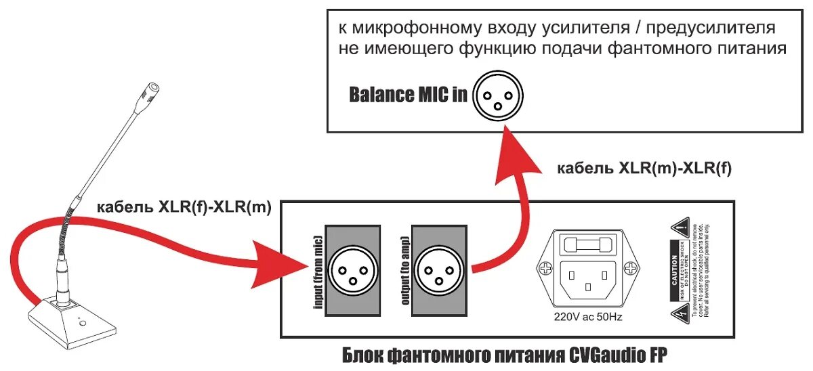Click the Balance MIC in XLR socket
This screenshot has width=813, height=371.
(x=498, y=95)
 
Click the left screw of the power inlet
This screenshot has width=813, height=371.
(x=545, y=268)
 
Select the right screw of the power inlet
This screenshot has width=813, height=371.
(x=631, y=269)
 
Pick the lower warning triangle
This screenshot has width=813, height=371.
(x=681, y=312)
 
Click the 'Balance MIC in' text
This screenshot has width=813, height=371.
(x=408, y=94)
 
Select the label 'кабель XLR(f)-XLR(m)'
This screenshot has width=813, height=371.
(x=184, y=208)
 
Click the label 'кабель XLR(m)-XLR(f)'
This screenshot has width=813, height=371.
(x=644, y=169)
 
